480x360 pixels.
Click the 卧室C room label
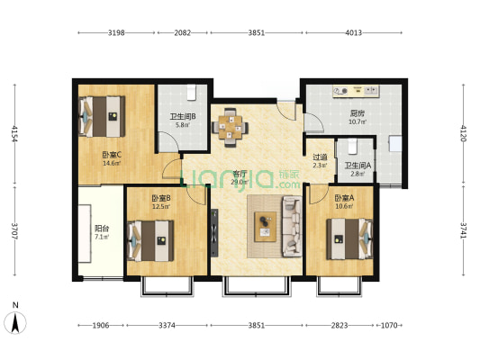coord(112,155)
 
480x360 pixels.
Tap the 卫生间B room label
coord(183,116)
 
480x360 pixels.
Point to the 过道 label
coord(320,157)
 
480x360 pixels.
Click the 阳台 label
coord(102,229)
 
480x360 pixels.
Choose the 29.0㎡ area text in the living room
coord(239,183)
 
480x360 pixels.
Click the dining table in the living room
coord(231,127)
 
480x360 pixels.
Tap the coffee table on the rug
coord(266,227)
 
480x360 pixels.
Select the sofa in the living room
coord(292,226)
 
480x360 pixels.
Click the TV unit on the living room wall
coord(214,233)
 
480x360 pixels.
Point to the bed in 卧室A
coord(349,238)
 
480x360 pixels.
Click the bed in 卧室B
coord(150,241)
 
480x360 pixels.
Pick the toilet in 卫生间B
coord(191,92)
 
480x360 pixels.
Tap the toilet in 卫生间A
coord(353,146)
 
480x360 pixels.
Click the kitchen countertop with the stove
coord(357,91)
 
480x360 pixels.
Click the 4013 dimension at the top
coord(354,32)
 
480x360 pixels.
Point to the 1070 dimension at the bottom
coord(389,326)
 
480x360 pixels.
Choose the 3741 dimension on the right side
coord(463,230)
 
